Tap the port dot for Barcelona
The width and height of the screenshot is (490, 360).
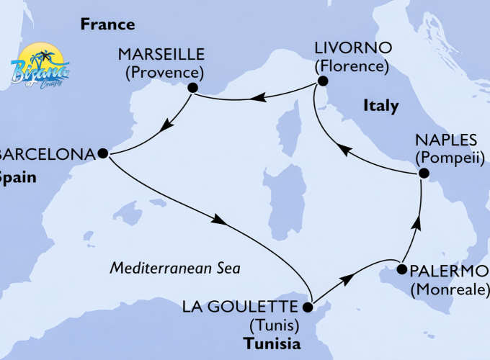pos(102,153)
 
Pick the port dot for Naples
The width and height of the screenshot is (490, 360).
pos(424,173)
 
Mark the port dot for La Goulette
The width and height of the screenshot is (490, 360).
pos(308,307)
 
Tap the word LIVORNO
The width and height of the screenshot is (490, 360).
pos(352,49)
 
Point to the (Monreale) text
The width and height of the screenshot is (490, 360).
pos(448,289)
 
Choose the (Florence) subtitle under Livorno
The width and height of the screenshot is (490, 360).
pos(352,67)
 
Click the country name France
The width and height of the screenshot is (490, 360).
pos(107,24)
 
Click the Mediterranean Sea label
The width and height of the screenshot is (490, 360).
pos(174,268)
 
